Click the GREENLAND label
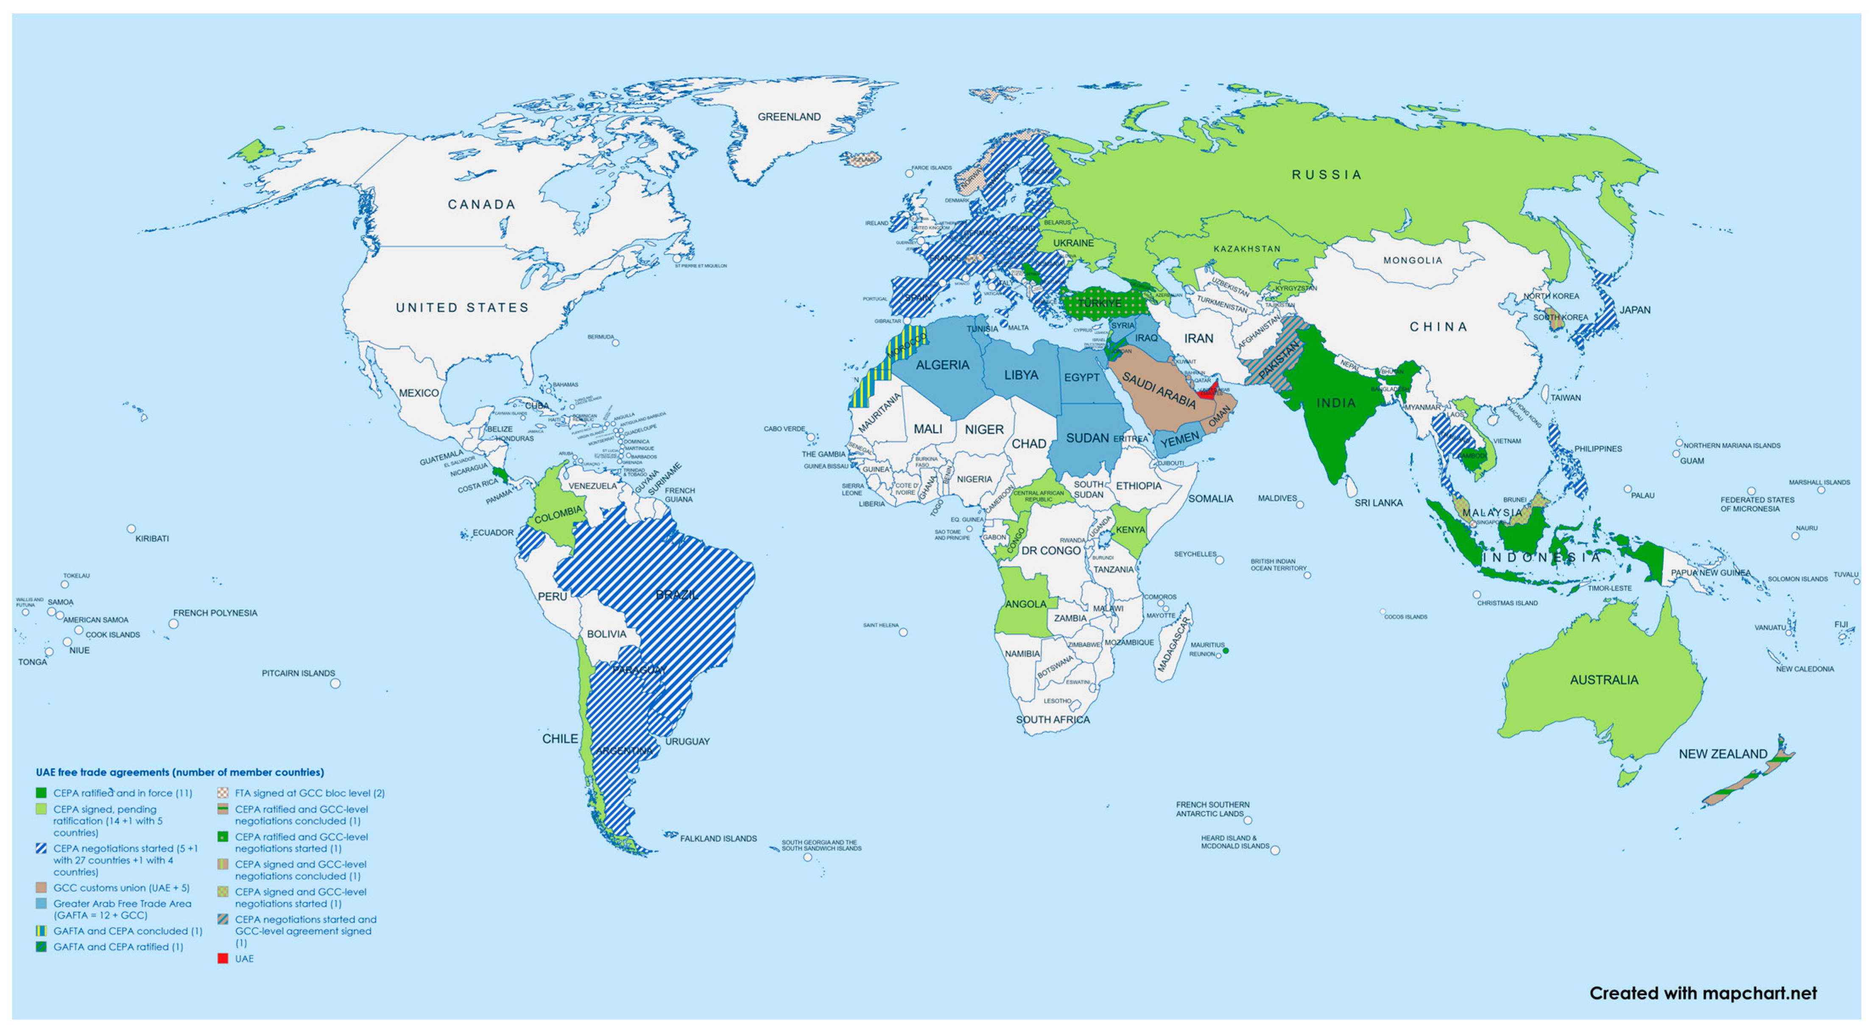(789, 116)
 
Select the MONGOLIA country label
(1412, 260)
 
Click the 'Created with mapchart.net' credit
(1702, 993)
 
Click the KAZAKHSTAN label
(1246, 249)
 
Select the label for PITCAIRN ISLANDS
(298, 673)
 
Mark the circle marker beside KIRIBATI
(131, 529)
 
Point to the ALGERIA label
(942, 364)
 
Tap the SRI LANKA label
(1378, 503)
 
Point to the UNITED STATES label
(462, 308)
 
